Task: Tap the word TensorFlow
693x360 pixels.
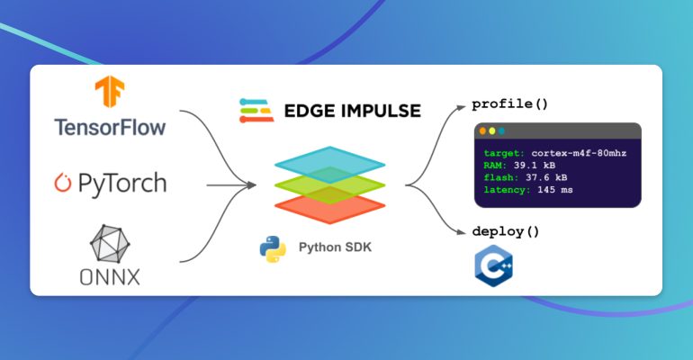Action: (110, 126)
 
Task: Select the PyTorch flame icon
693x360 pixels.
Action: (62, 184)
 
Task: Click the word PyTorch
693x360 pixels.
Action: (121, 184)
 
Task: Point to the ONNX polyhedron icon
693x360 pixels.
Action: (110, 241)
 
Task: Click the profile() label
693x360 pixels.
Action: (509, 103)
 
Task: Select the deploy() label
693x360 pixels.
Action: (505, 230)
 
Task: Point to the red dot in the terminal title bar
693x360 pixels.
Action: (482, 131)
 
